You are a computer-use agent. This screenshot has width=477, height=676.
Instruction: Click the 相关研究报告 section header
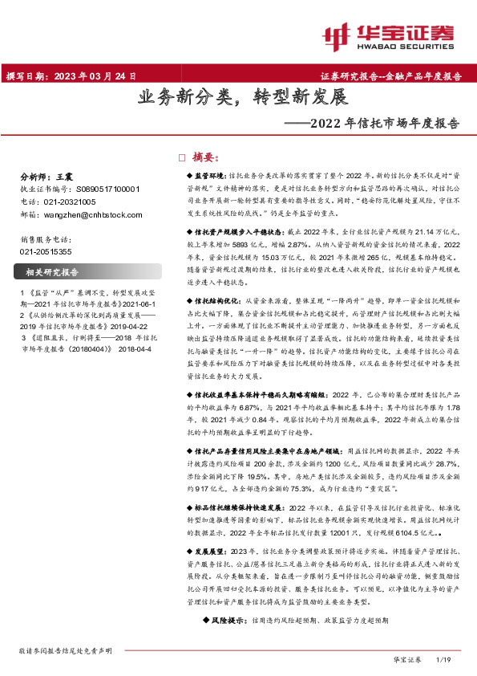pos(53,272)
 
